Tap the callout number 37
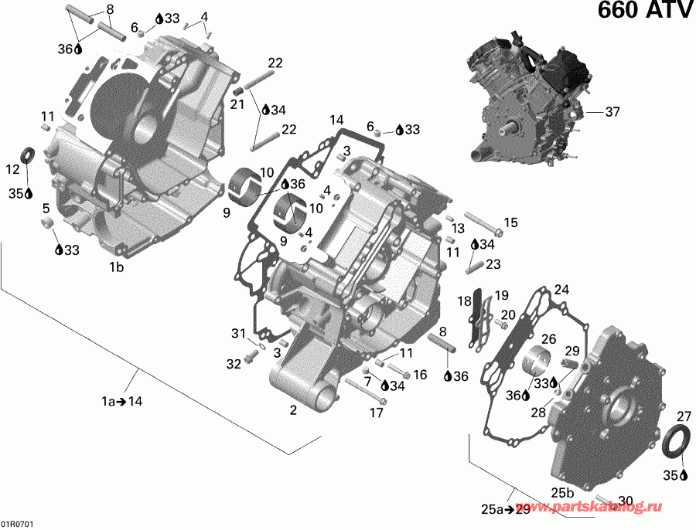pos(612,112)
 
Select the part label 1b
pos(116,267)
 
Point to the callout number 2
pos(293,410)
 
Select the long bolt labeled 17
pos(363,390)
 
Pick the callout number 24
pos(561,290)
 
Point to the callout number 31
pos(238,333)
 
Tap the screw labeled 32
pos(251,357)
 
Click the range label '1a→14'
pos(121,401)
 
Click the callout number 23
pos(493,263)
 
